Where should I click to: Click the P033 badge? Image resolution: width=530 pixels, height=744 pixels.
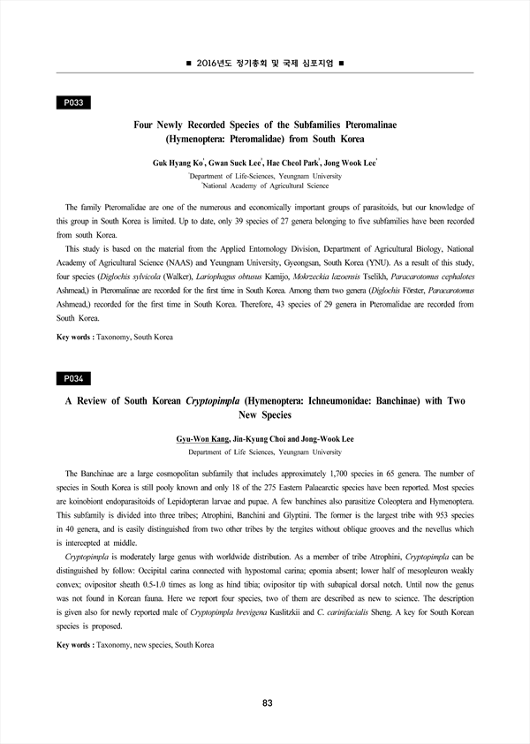pyautogui.click(x=74, y=103)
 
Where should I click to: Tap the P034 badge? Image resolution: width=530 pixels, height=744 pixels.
pyautogui.click(x=74, y=378)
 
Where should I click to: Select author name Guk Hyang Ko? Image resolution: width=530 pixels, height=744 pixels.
pyautogui.click(x=179, y=163)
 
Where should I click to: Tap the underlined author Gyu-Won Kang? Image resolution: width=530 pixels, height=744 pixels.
pyautogui.click(x=202, y=439)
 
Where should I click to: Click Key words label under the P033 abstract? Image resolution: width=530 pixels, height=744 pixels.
pyautogui.click(x=74, y=338)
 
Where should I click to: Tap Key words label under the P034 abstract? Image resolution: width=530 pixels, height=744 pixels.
pyautogui.click(x=74, y=645)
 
